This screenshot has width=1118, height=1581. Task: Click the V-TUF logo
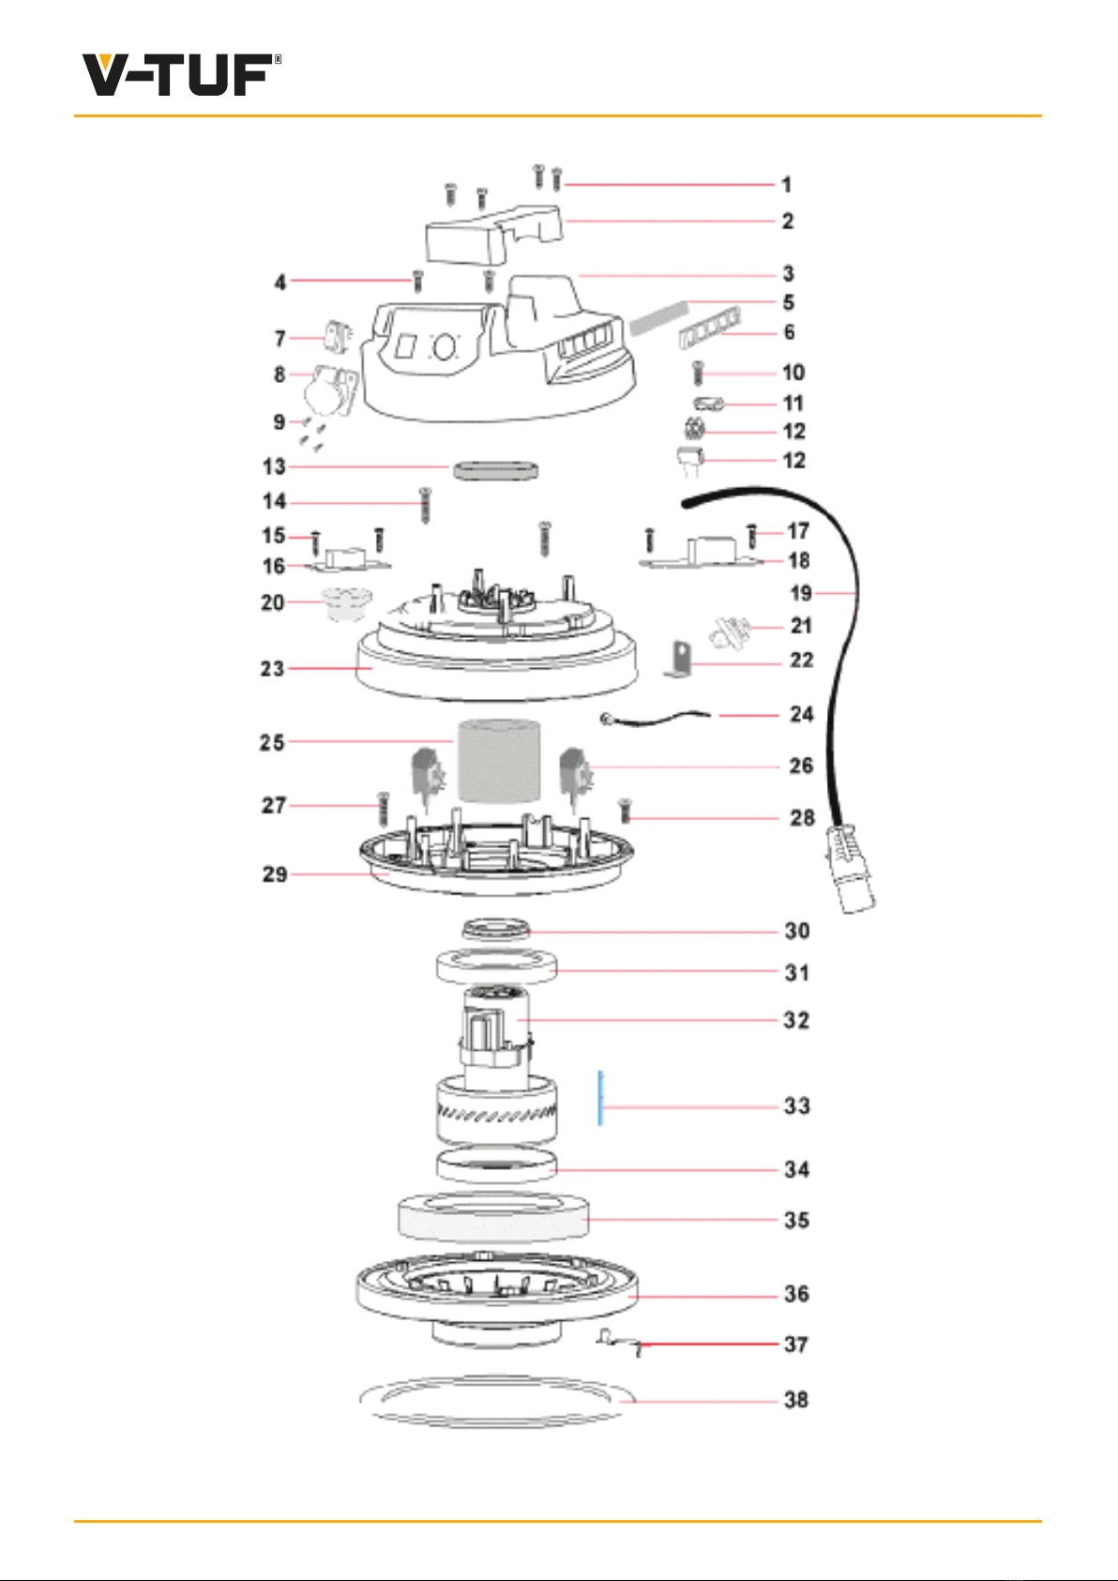coord(182,74)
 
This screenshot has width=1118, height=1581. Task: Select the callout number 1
coord(787,185)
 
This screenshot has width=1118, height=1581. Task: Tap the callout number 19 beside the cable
coord(801,593)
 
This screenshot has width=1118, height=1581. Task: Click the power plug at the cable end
coord(851,867)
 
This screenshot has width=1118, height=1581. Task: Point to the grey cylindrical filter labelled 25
coord(499,760)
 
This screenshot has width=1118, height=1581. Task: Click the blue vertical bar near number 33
coord(600,1098)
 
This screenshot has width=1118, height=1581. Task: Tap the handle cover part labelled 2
coord(493,236)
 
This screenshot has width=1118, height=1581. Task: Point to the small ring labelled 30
coord(496,928)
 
